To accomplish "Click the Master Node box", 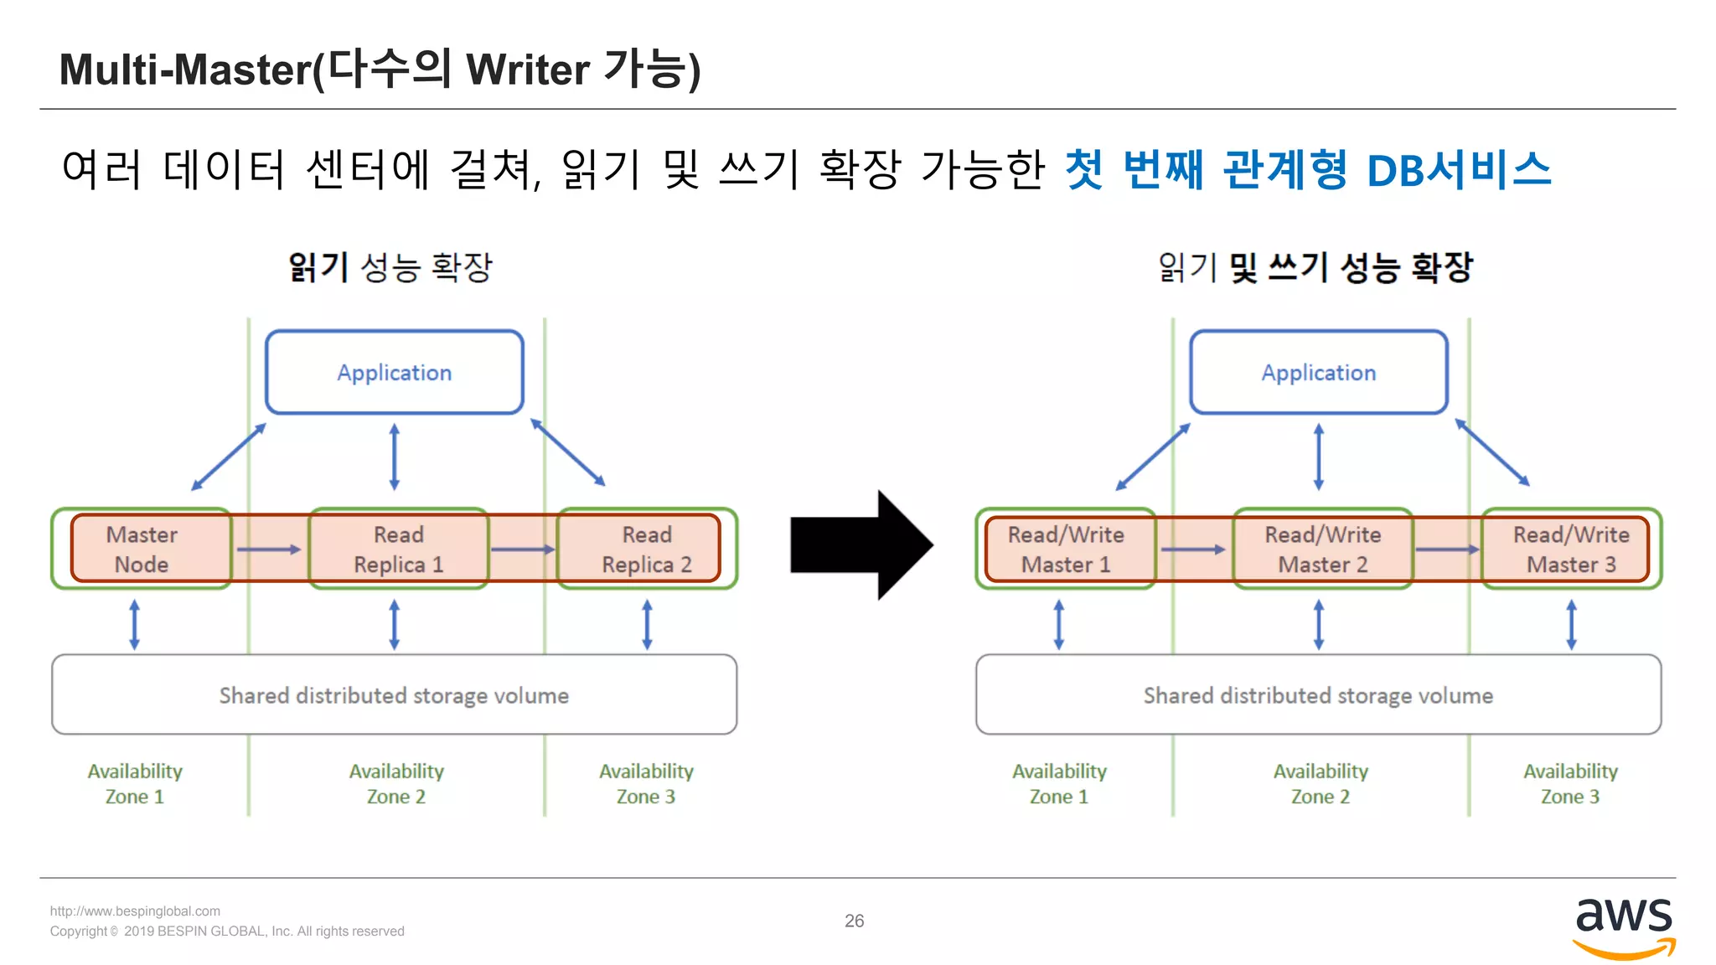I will tap(142, 550).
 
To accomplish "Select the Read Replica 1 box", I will tap(399, 550).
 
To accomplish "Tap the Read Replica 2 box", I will tap(647, 550).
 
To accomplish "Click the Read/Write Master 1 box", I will tap(1066, 550).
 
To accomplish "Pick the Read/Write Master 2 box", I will tap(1322, 550).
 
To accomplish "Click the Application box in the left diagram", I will tap(395, 373).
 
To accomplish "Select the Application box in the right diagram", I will tap(1319, 373).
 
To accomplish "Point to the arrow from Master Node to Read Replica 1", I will tap(269, 550).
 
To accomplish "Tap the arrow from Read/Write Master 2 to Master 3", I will tap(1447, 550).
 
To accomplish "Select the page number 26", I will tap(854, 921).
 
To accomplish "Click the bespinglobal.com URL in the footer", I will tap(135, 911).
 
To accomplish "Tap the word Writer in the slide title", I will tap(528, 70).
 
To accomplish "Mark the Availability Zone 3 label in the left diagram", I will tap(646, 783).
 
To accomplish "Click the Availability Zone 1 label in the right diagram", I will tap(1059, 783).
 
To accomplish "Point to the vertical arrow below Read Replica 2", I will tap(647, 624).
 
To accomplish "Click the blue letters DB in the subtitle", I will tap(1396, 171).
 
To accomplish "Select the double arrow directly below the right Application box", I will tap(1319, 457).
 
